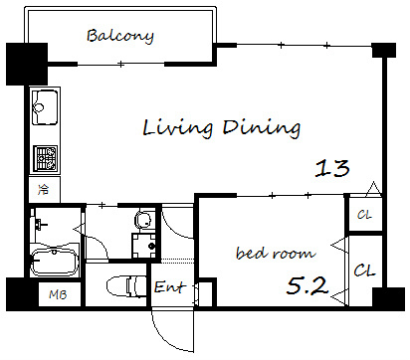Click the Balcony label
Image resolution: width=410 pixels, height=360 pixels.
click(x=120, y=36)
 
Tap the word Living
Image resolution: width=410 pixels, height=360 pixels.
click(x=178, y=127)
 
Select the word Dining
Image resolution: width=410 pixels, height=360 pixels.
click(x=262, y=127)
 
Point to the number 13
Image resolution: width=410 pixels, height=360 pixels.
click(x=332, y=168)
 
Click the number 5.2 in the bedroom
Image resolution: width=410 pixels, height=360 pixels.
click(x=307, y=285)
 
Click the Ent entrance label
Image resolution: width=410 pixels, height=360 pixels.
click(x=168, y=287)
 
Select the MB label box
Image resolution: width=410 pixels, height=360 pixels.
click(x=60, y=294)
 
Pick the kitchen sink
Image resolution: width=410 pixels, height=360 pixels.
click(x=45, y=107)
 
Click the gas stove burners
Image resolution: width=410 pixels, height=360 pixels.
click(x=46, y=158)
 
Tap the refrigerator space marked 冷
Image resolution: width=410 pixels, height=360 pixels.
click(x=44, y=190)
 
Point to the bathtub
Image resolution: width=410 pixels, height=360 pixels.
click(x=55, y=262)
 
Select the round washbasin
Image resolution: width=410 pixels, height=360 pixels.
click(x=143, y=220)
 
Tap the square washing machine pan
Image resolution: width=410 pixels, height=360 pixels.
click(x=144, y=246)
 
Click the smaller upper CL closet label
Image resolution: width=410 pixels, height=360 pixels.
click(x=364, y=215)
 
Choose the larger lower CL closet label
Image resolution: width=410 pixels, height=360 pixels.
click(x=364, y=270)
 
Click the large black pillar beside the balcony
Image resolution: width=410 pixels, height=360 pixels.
click(x=27, y=64)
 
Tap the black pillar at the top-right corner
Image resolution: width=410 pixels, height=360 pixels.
click(x=384, y=51)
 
